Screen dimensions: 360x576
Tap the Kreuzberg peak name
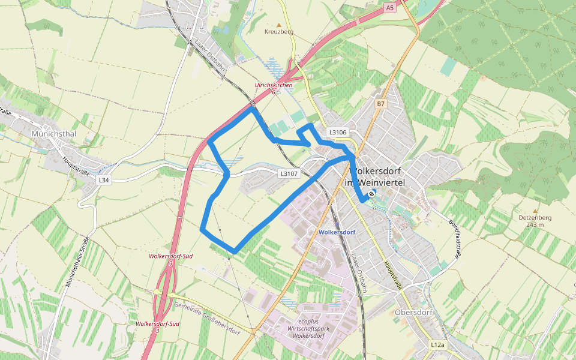click(278, 32)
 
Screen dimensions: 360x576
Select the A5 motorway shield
click(390, 7)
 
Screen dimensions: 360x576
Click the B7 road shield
click(380, 104)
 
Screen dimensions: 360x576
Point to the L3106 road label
click(337, 131)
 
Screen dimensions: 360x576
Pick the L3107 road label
click(289, 174)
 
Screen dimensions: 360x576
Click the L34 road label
click(104, 180)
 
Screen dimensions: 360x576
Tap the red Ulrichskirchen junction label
click(274, 85)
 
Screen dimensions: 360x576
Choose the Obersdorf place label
click(414, 312)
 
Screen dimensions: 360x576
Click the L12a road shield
click(438, 345)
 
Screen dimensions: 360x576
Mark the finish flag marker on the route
click(372, 193)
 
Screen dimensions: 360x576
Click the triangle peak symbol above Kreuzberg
click(278, 25)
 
